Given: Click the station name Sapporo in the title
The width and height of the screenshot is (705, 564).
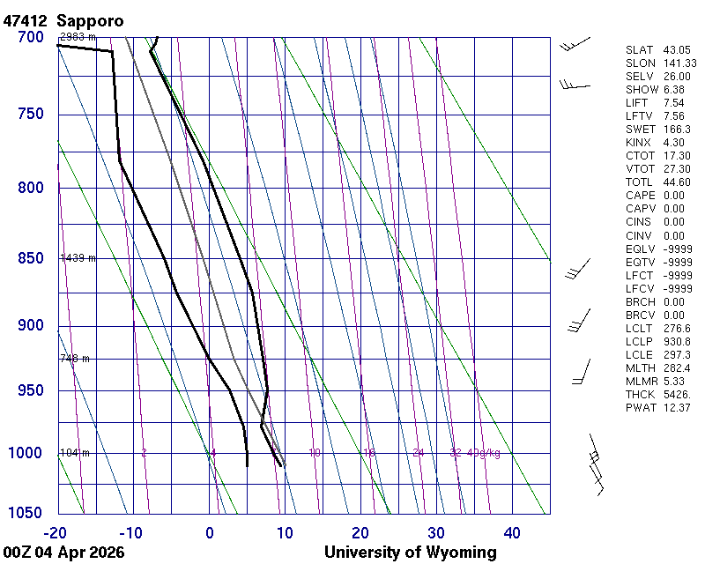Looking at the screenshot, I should (x=89, y=20).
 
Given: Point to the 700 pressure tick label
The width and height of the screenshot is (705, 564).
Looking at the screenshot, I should (x=31, y=37).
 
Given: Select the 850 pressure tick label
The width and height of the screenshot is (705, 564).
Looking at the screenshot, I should (x=31, y=258).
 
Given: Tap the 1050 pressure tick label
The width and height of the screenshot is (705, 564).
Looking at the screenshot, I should (x=27, y=514).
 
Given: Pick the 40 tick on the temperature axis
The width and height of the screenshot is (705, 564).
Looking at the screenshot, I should (x=512, y=532).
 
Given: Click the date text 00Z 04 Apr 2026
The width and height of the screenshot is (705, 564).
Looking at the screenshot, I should (x=63, y=553).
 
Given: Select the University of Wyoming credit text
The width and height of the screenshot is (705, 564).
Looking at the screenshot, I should (x=410, y=553).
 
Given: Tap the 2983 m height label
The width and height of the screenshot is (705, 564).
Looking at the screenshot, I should (x=78, y=37).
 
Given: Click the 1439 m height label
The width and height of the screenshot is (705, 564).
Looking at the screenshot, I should (x=78, y=258).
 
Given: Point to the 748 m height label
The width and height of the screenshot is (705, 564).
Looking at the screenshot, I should (x=75, y=359).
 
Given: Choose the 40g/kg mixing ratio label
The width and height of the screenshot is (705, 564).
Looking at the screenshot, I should (x=484, y=453).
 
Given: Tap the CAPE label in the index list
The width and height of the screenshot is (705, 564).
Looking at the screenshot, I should (x=642, y=196).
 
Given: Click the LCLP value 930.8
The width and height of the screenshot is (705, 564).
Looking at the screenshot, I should (x=678, y=341).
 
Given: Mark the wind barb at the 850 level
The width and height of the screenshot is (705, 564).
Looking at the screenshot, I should (x=578, y=269).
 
